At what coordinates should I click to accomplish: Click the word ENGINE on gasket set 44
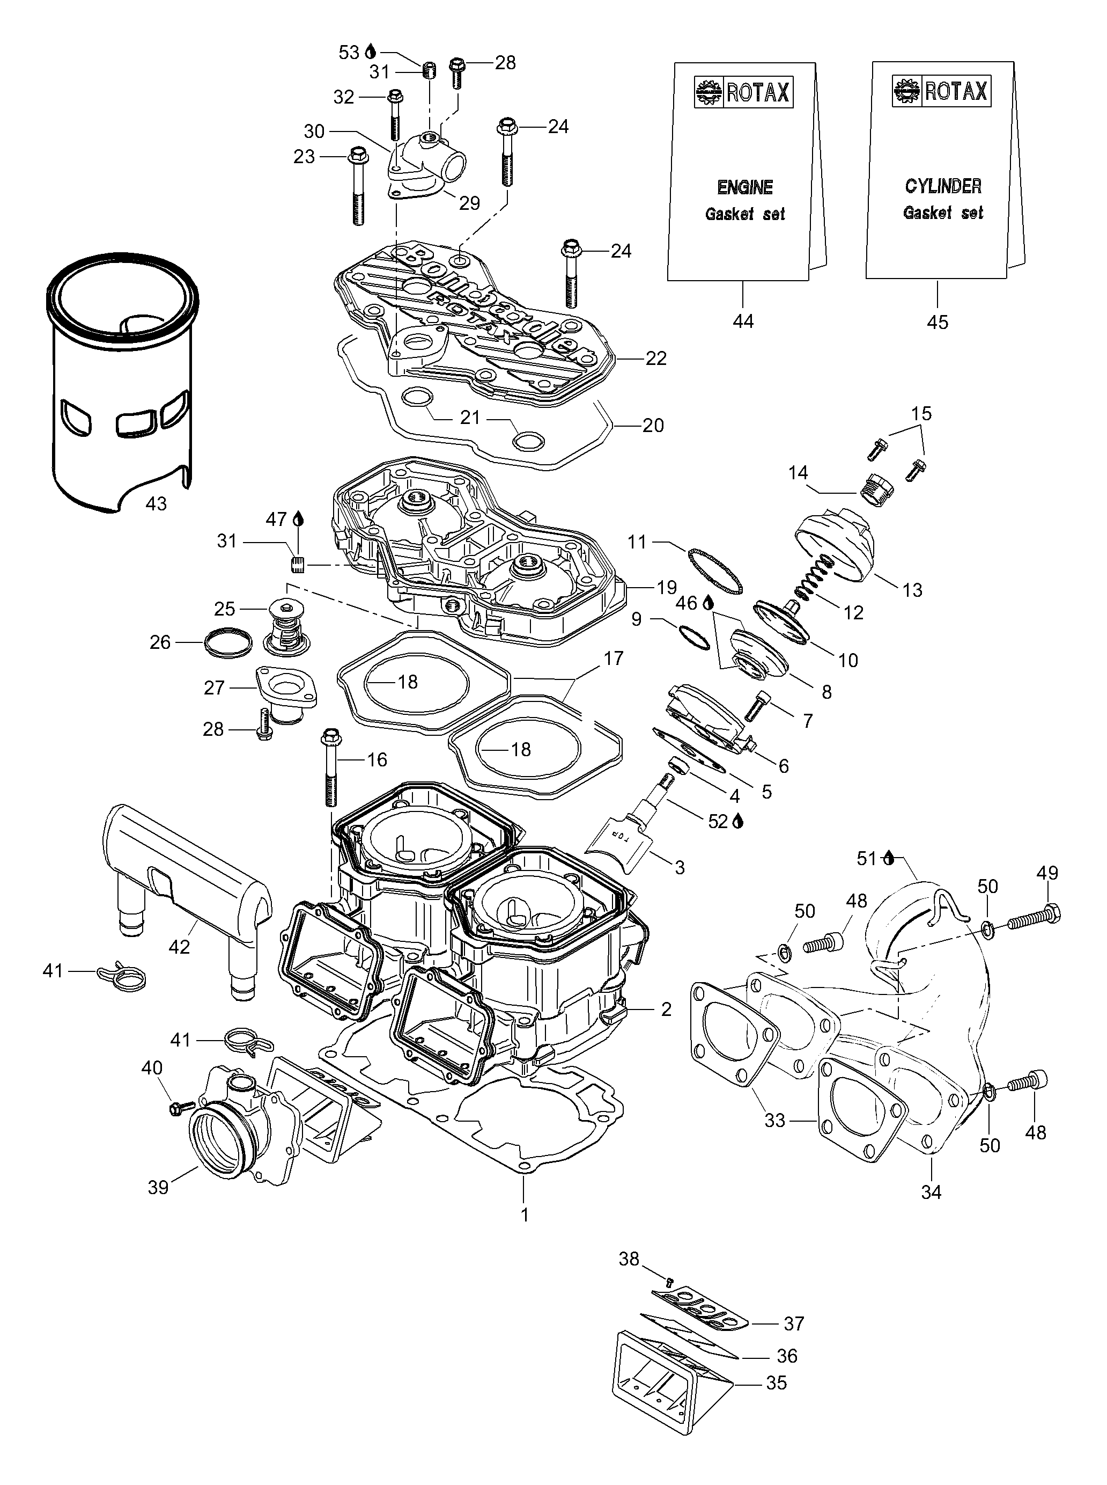744,187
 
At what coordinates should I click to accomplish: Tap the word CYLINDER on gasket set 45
943,186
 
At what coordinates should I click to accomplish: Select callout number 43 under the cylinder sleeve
156,503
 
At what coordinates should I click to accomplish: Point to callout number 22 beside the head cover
656,359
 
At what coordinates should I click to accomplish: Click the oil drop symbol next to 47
298,520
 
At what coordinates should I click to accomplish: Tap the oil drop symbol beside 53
371,52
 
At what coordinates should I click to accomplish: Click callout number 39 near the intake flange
158,1187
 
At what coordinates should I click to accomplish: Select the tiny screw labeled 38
669,1281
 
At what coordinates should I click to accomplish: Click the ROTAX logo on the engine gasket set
744,92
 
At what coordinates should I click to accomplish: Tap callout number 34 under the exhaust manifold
932,1191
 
